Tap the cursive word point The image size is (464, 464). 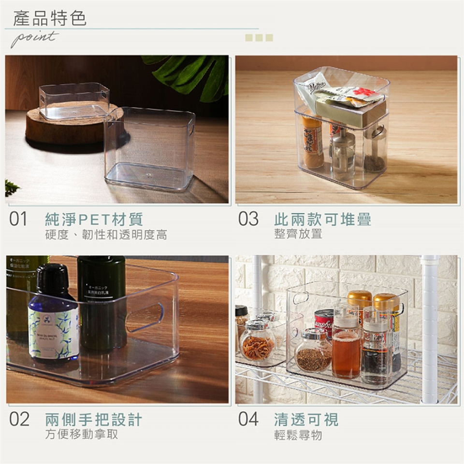tap(34, 39)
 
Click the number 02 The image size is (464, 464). tap(19, 419)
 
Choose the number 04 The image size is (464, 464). tap(248, 419)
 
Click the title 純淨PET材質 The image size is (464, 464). tap(94, 219)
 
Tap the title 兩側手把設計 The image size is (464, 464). tap(94, 419)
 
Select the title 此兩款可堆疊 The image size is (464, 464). tap(323, 219)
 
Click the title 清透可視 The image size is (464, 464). tap(306, 419)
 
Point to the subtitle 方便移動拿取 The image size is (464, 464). tap(82, 434)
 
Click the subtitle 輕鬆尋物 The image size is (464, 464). tap(298, 435)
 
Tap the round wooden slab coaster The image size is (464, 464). tap(53, 128)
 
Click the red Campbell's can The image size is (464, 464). tap(324, 321)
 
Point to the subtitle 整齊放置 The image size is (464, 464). tap(298, 234)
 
